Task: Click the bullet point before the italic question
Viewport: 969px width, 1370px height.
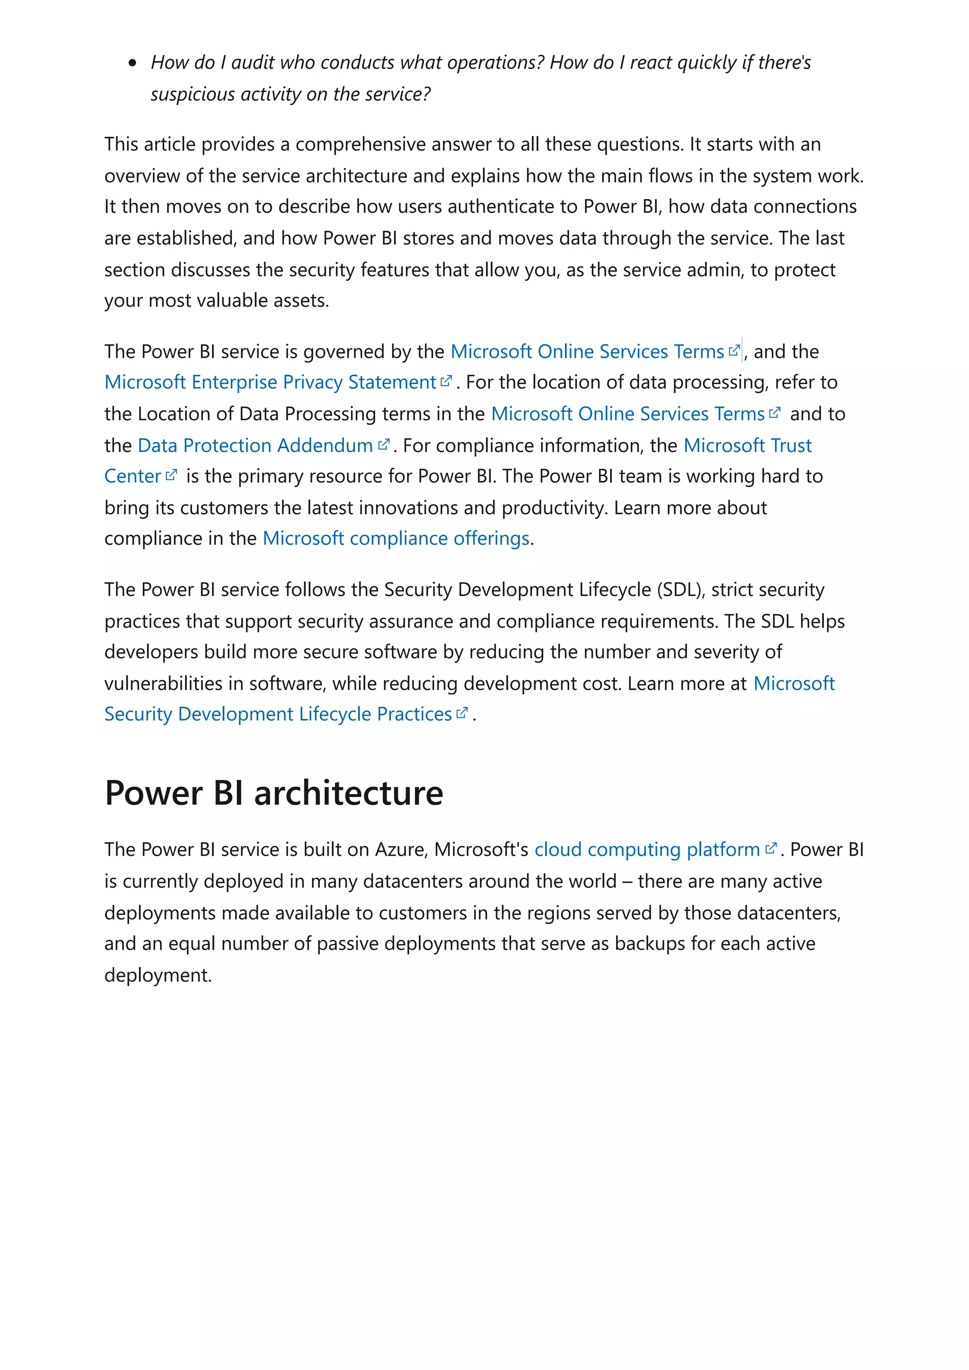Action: [x=132, y=63]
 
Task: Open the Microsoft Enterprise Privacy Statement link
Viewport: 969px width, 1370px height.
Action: [x=270, y=382]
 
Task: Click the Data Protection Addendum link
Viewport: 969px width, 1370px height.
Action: [x=255, y=445]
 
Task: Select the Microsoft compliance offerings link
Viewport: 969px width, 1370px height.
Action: [x=396, y=538]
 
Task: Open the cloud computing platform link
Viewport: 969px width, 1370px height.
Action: [x=647, y=849]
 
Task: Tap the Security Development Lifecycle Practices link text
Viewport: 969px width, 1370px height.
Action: [x=278, y=714]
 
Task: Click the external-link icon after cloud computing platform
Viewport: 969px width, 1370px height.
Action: [x=771, y=848]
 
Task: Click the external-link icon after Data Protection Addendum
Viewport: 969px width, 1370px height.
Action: [x=384, y=444]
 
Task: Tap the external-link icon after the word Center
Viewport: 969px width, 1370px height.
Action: [x=171, y=475]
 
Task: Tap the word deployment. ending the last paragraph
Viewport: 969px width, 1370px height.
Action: [x=158, y=975]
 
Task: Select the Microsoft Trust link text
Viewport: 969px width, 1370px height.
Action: [x=747, y=445]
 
